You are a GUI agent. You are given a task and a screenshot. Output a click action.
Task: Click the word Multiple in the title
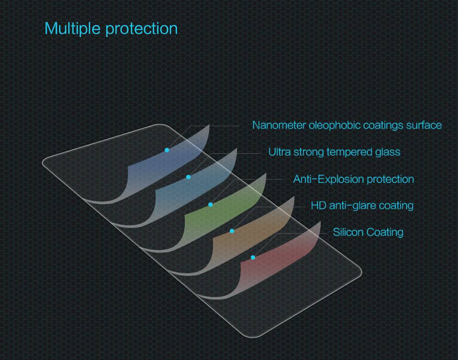[72, 28]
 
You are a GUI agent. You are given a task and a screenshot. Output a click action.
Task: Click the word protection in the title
[142, 29]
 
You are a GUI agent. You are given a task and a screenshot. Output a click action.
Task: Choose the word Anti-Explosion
[327, 179]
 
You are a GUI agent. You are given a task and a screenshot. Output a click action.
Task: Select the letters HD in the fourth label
[319, 205]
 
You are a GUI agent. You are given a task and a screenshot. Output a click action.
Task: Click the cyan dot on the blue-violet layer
[167, 150]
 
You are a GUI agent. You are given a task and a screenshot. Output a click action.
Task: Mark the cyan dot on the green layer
[210, 204]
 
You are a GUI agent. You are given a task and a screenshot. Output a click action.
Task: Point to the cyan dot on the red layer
[253, 257]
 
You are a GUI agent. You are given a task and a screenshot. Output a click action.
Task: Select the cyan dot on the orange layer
[232, 231]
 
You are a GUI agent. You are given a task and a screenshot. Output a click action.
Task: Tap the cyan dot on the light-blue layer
[188, 177]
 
